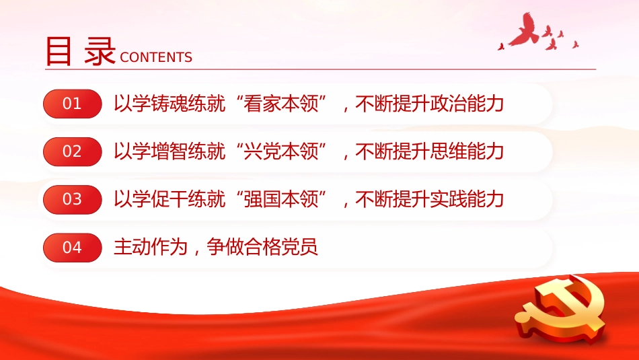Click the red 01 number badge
pyautogui.click(x=72, y=104)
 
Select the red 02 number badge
pyautogui.click(x=72, y=151)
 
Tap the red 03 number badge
pyautogui.click(x=72, y=199)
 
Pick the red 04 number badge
pyautogui.click(x=72, y=248)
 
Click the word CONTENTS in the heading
pyautogui.click(x=156, y=58)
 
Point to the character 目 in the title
pyautogui.click(x=59, y=51)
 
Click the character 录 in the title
pyautogui.click(x=100, y=51)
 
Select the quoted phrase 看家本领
pyautogui.click(x=283, y=104)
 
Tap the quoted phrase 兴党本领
pyautogui.click(x=283, y=151)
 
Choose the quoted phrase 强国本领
pyautogui.click(x=283, y=199)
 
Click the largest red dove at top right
pyautogui.click(x=525, y=31)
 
